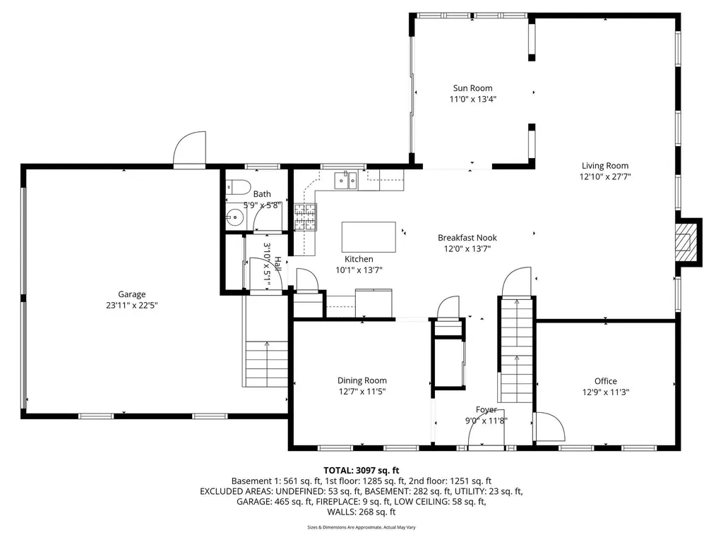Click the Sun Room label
pos(472,88)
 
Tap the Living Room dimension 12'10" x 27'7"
pos(604,177)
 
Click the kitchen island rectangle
pos(369,236)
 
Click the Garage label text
pos(131,294)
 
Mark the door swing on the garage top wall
pos(189,150)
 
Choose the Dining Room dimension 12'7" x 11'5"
pos(361,391)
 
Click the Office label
pos(605,381)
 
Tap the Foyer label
pos(486,409)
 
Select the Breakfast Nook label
pos(467,238)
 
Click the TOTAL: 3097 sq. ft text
pos(361,470)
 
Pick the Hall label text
pos(277,265)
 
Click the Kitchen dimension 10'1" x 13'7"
pos(359,270)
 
